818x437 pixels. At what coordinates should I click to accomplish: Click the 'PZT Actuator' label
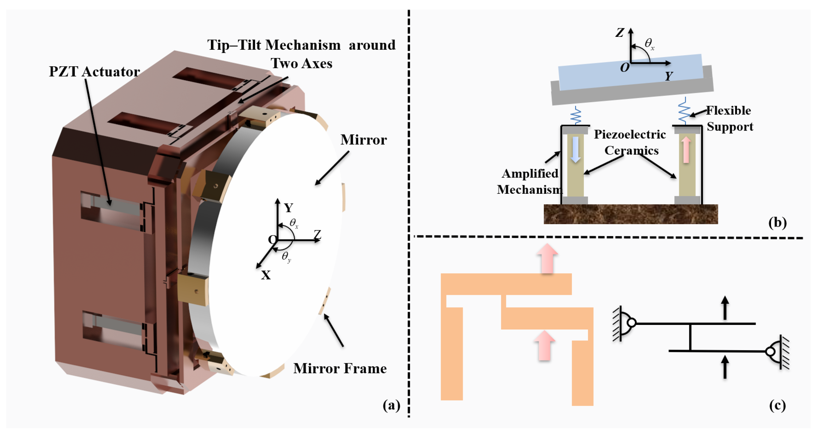coord(94,72)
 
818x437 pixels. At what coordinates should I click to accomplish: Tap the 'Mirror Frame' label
coord(340,369)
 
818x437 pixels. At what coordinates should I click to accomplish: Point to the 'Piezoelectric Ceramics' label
coord(630,142)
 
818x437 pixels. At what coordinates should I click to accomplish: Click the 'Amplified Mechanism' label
coord(529,181)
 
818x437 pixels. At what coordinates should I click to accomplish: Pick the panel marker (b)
coord(777,222)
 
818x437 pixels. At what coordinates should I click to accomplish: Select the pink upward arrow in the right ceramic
coord(686,150)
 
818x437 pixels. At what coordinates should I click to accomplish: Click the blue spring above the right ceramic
coord(684,111)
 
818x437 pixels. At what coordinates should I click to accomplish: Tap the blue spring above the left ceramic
coord(576,115)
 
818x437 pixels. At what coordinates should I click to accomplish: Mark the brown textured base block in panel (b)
coord(631,214)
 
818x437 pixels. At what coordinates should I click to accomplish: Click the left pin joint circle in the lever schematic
coord(632,323)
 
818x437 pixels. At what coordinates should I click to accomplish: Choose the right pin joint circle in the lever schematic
coord(770,352)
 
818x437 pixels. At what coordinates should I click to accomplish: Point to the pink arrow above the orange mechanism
coord(547,258)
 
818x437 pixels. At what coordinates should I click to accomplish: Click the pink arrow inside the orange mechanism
coord(545,345)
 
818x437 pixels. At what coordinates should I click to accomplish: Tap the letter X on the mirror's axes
coord(266,275)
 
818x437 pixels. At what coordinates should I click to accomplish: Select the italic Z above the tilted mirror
coord(620,32)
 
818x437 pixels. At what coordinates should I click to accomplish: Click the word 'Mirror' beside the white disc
coord(364,140)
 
